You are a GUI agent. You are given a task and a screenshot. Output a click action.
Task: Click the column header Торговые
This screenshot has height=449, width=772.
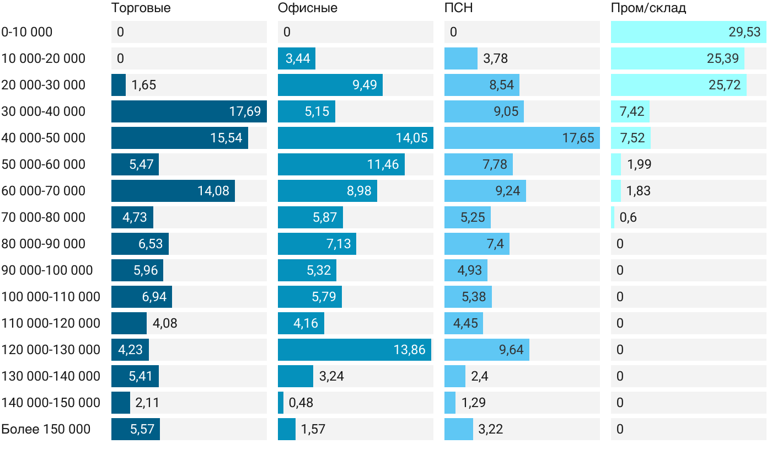[141, 8]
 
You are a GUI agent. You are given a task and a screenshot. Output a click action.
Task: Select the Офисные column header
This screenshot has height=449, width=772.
[307, 8]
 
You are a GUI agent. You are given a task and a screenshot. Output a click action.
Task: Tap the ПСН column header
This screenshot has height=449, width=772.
[458, 8]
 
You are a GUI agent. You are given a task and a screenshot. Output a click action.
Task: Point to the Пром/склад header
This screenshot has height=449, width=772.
[648, 8]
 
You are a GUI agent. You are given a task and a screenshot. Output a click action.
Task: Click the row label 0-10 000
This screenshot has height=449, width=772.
[27, 32]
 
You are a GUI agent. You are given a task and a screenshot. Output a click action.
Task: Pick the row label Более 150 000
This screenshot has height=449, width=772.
[46, 429]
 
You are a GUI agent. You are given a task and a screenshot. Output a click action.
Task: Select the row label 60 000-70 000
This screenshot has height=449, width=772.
[44, 191]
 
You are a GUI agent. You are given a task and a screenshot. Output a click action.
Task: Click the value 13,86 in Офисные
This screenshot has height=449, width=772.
[409, 350]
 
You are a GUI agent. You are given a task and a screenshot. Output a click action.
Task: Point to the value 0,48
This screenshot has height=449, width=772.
[301, 403]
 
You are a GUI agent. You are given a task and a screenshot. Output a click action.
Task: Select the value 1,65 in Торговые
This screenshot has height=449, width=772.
[143, 85]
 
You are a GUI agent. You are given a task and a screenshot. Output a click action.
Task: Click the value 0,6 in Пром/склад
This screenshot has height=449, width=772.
[628, 217]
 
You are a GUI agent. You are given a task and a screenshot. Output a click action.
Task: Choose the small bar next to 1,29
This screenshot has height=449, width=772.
[450, 403]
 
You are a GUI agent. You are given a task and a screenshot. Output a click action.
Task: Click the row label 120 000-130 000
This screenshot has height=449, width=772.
[51, 350]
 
